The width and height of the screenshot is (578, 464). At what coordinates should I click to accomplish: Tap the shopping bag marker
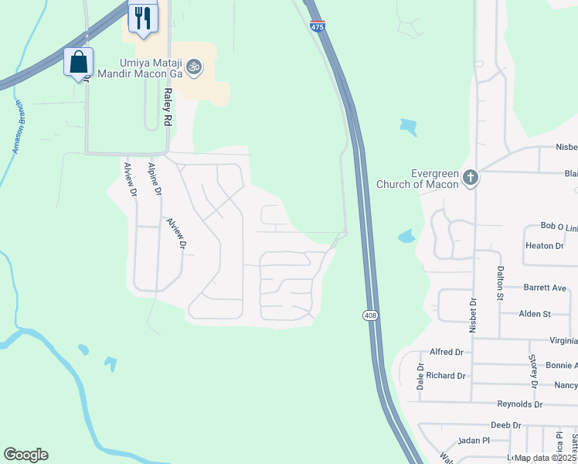point(78,62)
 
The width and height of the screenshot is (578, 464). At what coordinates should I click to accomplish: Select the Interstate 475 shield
point(317,26)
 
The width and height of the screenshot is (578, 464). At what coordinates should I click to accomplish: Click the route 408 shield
point(369,315)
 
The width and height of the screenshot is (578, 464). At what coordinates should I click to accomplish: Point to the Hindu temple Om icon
point(194,68)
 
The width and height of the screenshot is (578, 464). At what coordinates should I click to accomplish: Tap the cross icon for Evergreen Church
point(471,179)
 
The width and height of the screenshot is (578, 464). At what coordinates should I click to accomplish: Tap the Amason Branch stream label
point(19,128)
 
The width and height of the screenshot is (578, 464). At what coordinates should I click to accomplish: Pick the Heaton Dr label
point(545,245)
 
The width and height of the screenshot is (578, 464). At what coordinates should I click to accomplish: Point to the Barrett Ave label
point(545,287)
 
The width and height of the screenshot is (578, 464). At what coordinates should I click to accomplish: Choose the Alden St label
point(535,314)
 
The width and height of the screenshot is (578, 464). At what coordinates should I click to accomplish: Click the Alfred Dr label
point(446,351)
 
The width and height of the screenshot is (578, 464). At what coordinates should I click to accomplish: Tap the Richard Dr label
point(446,376)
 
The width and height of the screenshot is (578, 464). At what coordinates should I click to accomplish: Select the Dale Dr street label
point(420,376)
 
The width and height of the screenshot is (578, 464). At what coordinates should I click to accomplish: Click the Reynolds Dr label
point(519,404)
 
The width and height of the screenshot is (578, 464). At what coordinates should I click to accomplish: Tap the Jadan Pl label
point(474,440)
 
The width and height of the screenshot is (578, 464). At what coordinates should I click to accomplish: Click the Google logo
point(25,455)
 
